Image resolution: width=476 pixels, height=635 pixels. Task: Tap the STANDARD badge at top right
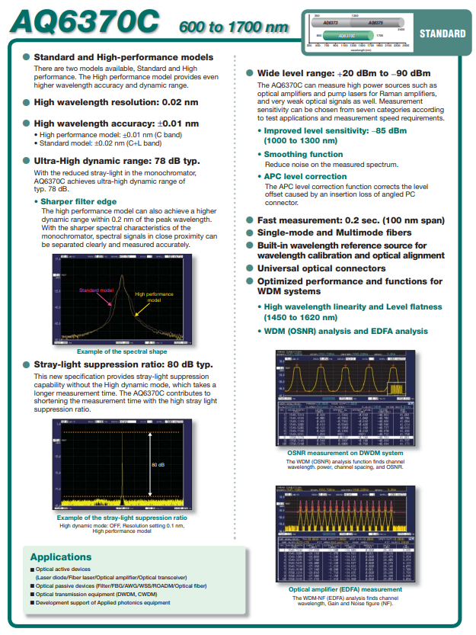(442, 34)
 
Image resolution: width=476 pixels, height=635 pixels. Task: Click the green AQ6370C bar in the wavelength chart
(346, 36)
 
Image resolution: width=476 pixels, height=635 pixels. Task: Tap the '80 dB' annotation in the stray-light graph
(158, 463)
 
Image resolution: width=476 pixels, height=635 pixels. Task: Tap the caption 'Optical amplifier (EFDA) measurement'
(345, 589)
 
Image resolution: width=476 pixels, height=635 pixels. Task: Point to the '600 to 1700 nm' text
(234, 27)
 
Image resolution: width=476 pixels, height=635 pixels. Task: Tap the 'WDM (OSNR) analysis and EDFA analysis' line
(346, 331)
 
